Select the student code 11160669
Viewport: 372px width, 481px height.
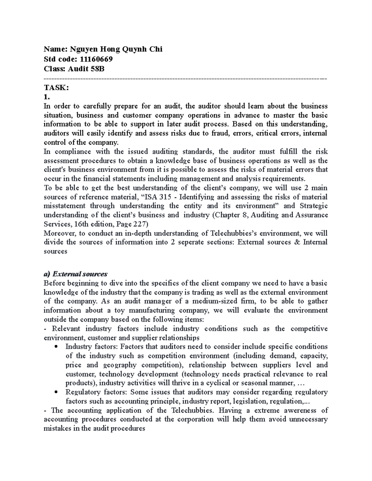click(95, 59)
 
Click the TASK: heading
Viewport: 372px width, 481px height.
click(56, 88)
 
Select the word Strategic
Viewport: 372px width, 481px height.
click(314, 206)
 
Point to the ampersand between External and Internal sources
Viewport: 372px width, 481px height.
click(295, 242)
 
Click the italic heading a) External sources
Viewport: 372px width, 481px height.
click(76, 274)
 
